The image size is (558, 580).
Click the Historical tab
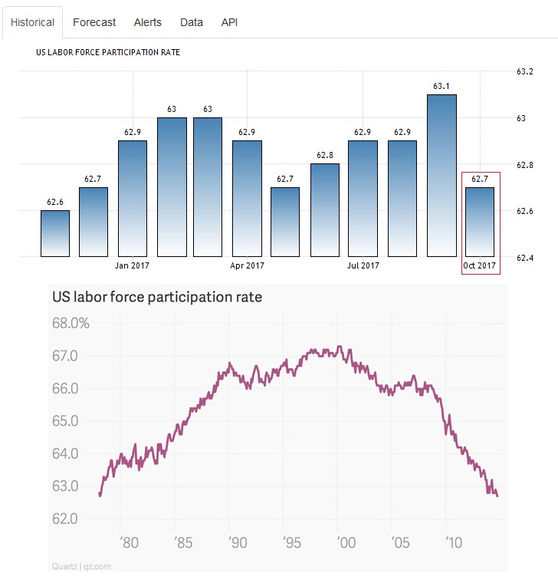click(x=32, y=22)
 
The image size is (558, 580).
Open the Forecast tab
click(x=94, y=22)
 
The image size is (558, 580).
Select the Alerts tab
click(x=148, y=22)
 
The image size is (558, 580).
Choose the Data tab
click(x=192, y=22)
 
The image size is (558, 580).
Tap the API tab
click(x=229, y=22)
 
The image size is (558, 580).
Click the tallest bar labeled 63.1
click(x=442, y=175)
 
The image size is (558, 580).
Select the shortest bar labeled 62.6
click(x=55, y=232)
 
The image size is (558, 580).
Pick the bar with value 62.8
click(x=325, y=209)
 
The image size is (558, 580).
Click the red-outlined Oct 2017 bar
click(x=480, y=221)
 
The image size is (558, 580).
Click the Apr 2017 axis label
click(x=247, y=265)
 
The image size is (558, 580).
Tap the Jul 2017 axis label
click(x=363, y=265)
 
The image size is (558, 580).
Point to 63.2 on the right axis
click(x=525, y=72)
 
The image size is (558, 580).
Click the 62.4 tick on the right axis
click(x=525, y=258)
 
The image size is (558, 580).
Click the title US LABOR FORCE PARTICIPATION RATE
click(x=108, y=53)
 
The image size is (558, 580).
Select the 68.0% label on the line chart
click(x=71, y=323)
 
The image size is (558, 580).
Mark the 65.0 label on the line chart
click(x=66, y=420)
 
